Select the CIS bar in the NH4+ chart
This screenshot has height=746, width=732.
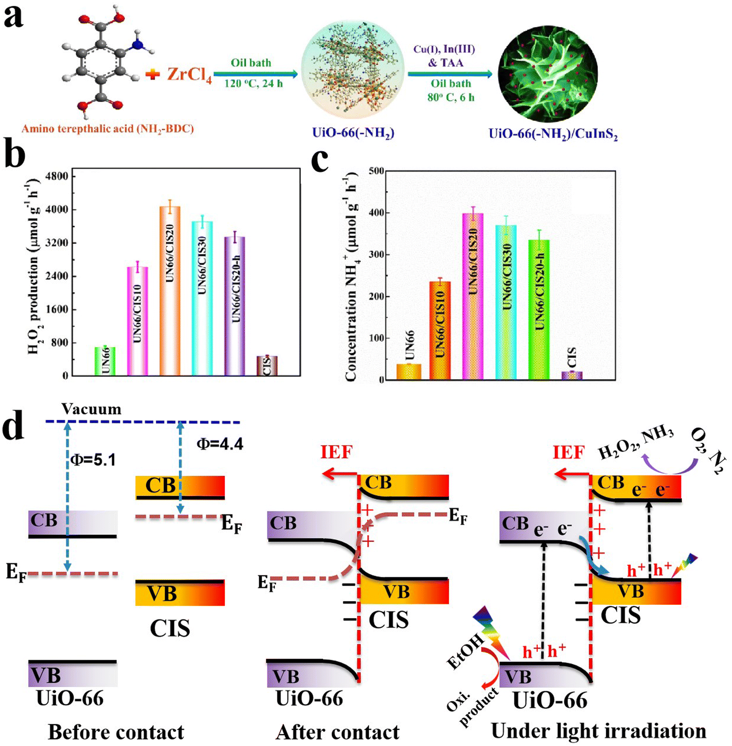572,375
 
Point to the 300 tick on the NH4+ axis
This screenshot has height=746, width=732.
376,254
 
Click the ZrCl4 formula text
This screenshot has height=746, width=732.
189,75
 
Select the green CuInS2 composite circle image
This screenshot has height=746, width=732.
548,74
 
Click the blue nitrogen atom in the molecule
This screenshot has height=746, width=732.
137,45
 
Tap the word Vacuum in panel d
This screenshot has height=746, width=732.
91,409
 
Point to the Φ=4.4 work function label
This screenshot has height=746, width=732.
220,444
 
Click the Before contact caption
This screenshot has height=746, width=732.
116,732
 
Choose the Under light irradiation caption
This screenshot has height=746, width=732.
598,731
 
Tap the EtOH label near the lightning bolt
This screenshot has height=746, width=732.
465,652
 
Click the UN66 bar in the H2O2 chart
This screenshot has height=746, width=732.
105,361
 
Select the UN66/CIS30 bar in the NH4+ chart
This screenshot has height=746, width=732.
506,302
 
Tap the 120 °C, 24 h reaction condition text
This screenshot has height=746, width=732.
254,84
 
